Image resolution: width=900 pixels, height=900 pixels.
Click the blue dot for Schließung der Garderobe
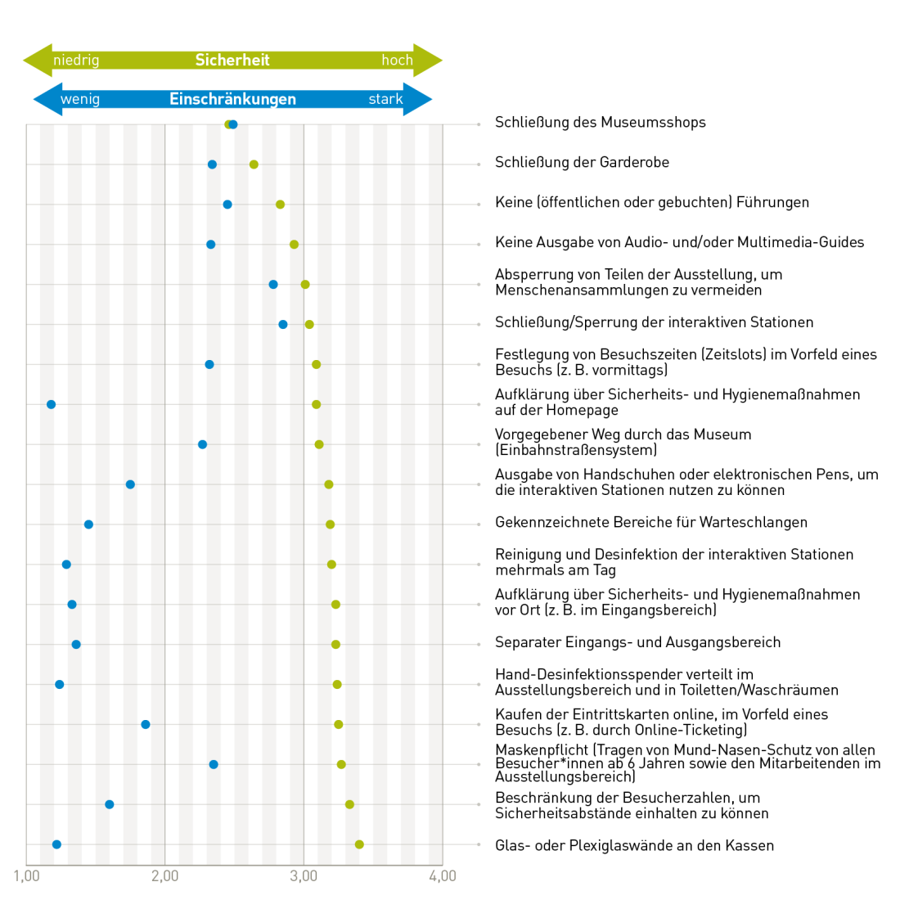(x=212, y=164)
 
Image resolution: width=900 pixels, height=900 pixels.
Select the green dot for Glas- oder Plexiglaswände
(x=359, y=844)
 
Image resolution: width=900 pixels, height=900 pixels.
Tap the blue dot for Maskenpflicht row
(x=214, y=764)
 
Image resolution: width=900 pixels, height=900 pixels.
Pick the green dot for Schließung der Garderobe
(x=254, y=164)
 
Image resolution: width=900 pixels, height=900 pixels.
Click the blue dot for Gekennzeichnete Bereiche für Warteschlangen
(x=88, y=524)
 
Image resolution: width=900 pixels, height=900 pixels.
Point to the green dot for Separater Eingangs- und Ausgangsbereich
(x=335, y=645)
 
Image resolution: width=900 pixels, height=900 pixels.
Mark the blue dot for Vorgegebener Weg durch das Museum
(x=202, y=444)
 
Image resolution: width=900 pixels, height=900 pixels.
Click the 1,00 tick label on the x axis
(x=26, y=876)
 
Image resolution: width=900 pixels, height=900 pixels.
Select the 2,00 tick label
(x=165, y=876)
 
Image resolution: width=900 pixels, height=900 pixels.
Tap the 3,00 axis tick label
(x=304, y=876)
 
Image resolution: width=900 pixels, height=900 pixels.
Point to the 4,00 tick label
(x=443, y=876)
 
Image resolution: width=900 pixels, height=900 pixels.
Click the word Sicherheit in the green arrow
(x=232, y=60)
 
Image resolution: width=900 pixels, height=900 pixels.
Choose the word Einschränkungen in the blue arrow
(x=232, y=99)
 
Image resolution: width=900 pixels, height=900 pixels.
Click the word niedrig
(x=76, y=61)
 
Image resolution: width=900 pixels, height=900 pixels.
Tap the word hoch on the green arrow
(x=397, y=61)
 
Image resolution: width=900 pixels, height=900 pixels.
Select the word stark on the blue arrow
(x=385, y=99)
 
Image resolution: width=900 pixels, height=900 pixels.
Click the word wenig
(x=80, y=99)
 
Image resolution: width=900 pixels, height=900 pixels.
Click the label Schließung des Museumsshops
(x=600, y=123)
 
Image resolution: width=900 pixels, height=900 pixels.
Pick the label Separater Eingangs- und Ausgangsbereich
(x=637, y=642)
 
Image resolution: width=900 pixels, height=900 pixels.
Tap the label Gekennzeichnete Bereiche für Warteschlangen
(x=650, y=522)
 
